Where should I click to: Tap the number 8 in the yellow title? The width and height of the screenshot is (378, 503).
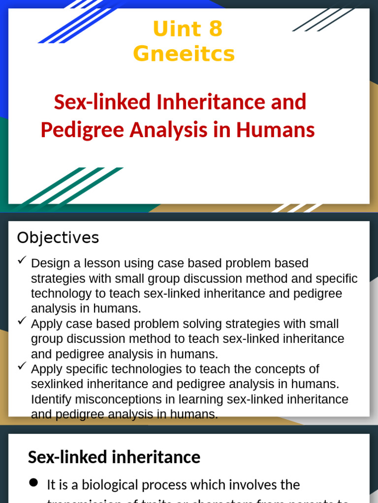[216, 29]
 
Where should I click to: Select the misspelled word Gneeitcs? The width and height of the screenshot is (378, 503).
[184, 54]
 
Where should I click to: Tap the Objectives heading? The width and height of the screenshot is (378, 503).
[58, 238]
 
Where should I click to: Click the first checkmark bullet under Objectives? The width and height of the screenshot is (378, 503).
[22, 261]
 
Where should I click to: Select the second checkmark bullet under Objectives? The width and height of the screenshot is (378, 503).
[22, 321]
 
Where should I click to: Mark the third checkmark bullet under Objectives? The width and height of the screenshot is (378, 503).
[22, 366]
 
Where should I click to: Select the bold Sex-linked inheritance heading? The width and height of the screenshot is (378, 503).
[114, 457]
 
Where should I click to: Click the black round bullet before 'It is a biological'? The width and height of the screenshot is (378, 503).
[33, 483]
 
